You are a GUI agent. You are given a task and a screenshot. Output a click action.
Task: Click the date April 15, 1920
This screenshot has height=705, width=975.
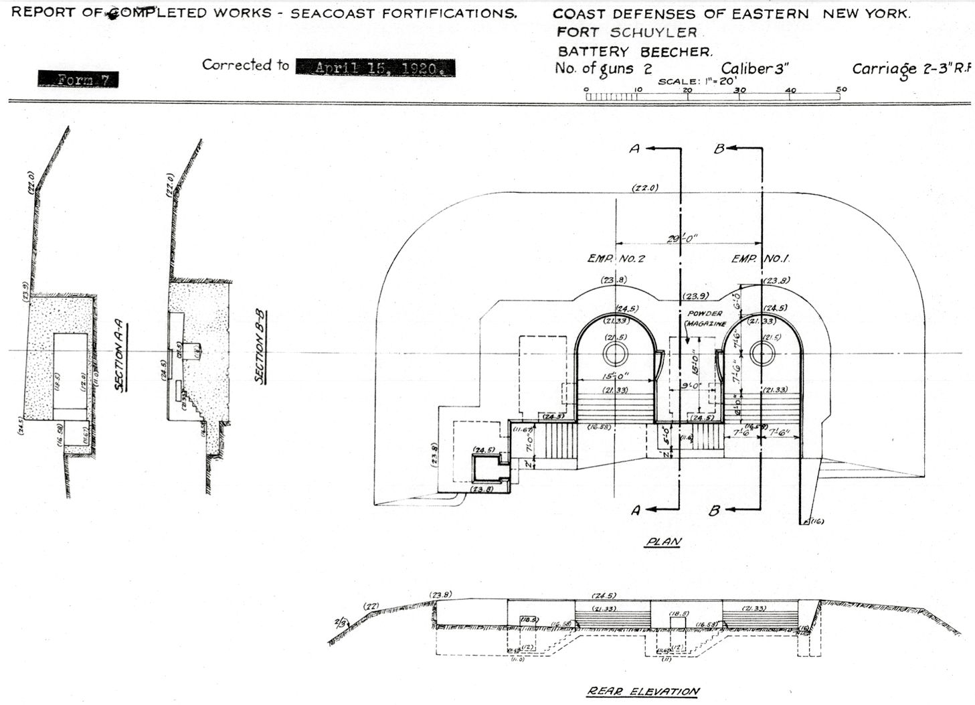pyautogui.click(x=375, y=68)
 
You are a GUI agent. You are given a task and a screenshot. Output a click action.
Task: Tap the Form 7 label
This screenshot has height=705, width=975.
pyautogui.click(x=78, y=79)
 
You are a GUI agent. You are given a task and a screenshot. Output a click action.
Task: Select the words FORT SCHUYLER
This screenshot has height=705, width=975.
pyautogui.click(x=627, y=32)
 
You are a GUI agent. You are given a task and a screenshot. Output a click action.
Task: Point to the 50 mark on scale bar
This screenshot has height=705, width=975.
pyautogui.click(x=841, y=90)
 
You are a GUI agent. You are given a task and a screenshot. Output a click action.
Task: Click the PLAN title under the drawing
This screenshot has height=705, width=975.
pyautogui.click(x=663, y=542)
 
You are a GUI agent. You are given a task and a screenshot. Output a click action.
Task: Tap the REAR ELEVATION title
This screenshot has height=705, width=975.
pyautogui.click(x=643, y=691)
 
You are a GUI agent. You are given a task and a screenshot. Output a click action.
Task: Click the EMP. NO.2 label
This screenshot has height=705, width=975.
pyautogui.click(x=616, y=258)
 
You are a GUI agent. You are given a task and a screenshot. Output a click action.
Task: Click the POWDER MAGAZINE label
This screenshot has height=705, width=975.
pyautogui.click(x=704, y=318)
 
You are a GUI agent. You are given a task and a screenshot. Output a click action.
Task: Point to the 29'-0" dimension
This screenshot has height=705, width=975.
pyautogui.click(x=683, y=238)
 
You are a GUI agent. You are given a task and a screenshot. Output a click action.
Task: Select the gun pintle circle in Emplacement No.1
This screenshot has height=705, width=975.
pyautogui.click(x=762, y=354)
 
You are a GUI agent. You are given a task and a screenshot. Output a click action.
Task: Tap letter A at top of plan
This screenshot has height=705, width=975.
pyautogui.click(x=634, y=149)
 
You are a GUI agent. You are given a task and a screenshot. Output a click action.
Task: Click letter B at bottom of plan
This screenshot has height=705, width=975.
pyautogui.click(x=714, y=511)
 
